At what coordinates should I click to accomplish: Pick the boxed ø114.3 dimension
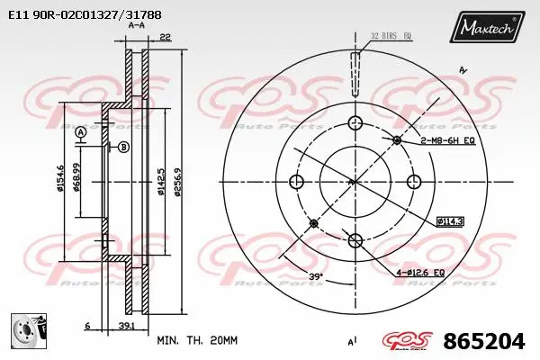click(x=449, y=220)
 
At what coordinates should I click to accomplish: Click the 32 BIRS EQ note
click(x=391, y=36)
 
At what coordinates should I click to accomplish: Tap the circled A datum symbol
click(x=82, y=133)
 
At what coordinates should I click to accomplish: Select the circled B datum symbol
click(x=123, y=147)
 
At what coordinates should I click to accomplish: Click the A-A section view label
click(x=137, y=26)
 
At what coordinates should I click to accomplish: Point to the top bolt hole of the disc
click(x=355, y=122)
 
